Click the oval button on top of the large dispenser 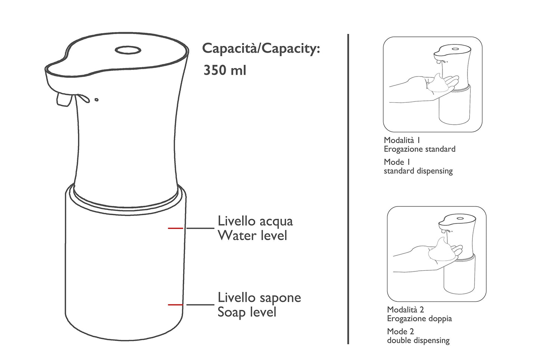(x=127, y=50)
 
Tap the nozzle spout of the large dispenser (x=63, y=100)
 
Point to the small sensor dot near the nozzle (x=96, y=99)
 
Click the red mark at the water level (x=175, y=228)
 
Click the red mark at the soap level (x=175, y=305)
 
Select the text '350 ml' (x=225, y=70)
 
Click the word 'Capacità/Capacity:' (x=261, y=49)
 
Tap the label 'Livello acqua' (x=255, y=221)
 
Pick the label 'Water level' (x=252, y=236)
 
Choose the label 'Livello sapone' (x=259, y=298)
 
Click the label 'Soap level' (x=247, y=312)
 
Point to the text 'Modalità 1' (x=402, y=140)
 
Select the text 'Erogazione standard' (x=420, y=149)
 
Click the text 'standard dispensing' (x=418, y=171)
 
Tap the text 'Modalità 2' (x=405, y=310)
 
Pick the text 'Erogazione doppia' (x=419, y=319)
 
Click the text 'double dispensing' (x=418, y=340)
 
